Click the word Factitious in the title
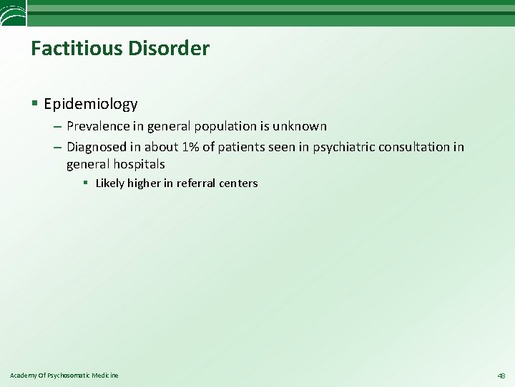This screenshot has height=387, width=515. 74,49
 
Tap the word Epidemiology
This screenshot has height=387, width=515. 91,105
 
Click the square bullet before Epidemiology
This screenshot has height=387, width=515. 35,105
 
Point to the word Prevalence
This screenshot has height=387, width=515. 98,126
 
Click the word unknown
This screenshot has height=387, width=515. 299,126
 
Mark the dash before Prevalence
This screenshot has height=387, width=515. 57,127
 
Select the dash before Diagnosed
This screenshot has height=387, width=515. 57,148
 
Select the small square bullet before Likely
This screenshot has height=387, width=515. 85,183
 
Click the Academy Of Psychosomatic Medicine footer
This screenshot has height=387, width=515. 64,376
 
